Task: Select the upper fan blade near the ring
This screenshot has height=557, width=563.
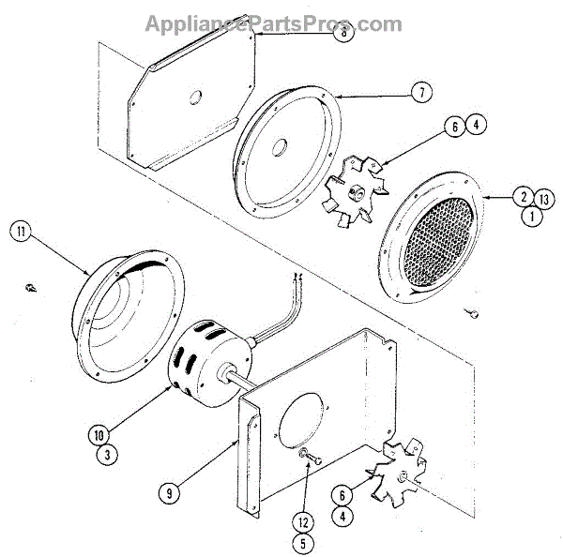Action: (x=354, y=190)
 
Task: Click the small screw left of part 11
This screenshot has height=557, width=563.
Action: (x=31, y=285)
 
